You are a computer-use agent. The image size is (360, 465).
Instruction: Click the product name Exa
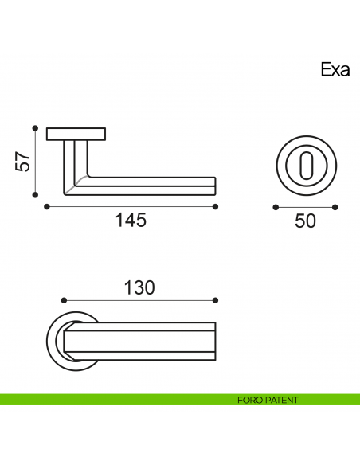coord(335,69)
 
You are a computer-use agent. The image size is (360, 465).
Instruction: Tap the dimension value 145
coord(130,221)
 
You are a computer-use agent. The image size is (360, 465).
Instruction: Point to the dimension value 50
coord(305,221)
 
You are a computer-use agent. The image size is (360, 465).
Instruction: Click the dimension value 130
coord(139,287)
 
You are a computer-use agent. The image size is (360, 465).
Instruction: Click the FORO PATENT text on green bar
coord(268,400)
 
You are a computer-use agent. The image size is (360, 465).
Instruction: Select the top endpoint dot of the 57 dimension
coord(35,127)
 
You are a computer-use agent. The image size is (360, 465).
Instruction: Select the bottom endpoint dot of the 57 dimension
coord(35,194)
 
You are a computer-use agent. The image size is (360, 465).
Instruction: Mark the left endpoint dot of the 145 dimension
coord(47,207)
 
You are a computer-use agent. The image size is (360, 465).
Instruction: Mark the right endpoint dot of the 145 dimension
coord(215,207)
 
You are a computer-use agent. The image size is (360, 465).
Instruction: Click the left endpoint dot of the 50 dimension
coord(275,207)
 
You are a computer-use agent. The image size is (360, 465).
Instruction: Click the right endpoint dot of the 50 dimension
coord(335,207)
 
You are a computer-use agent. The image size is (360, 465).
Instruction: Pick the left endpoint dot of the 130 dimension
coord(64,300)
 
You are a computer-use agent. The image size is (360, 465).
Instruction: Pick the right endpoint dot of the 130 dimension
coord(215,300)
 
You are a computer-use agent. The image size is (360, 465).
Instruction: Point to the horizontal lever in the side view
coord(151,185)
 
